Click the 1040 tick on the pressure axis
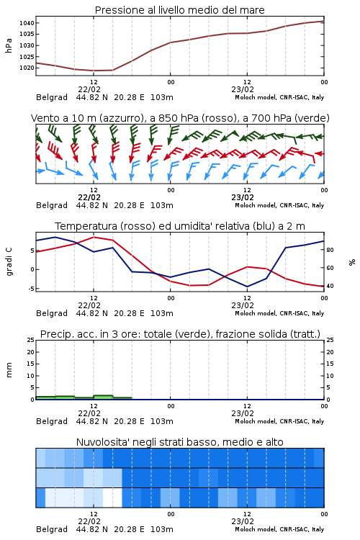(x=27, y=23)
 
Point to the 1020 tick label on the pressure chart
(x=27, y=68)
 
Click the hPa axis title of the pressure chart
(x=9, y=45)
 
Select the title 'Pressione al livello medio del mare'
(x=180, y=10)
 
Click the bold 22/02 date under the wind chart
(x=89, y=197)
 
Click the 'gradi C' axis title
(x=9, y=262)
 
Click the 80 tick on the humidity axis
(x=330, y=250)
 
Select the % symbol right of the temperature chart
(x=352, y=262)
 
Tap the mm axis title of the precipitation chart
(x=9, y=370)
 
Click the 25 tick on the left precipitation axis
(x=31, y=340)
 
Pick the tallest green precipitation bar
(x=104, y=397)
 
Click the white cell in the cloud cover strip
(x=112, y=498)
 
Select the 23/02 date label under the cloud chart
(x=243, y=521)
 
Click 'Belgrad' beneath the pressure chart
(x=52, y=97)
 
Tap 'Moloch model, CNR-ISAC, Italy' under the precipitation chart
(x=279, y=421)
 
